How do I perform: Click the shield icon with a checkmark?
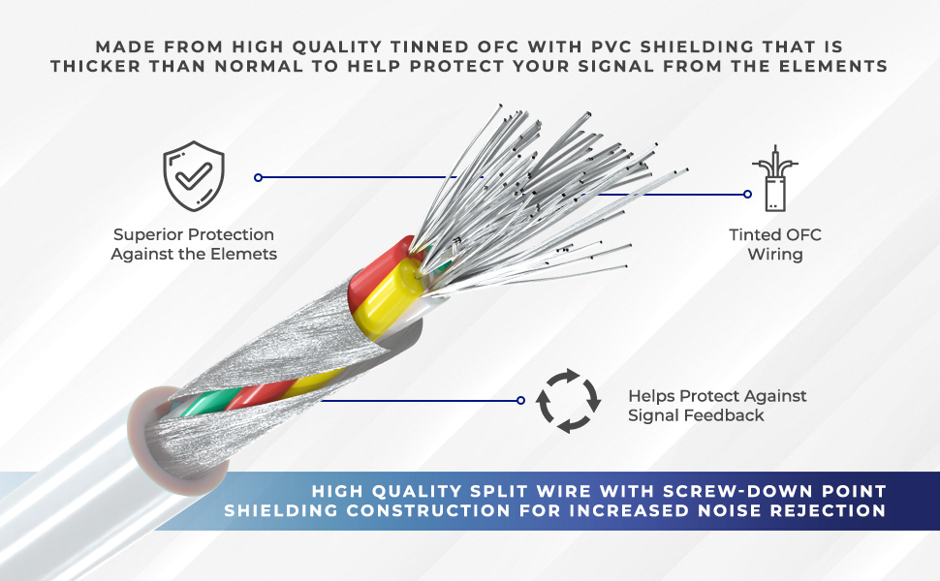coord(194,176)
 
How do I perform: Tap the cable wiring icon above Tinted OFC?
coord(773,180)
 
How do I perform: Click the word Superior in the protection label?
coord(144,234)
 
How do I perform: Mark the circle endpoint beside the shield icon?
coord(258,177)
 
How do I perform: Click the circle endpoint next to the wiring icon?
coord(747,194)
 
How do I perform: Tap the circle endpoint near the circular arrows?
coord(520,400)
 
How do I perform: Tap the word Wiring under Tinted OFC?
coord(775,254)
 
